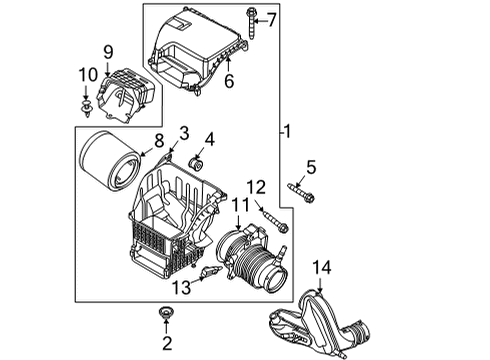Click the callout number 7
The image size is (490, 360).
click(271, 19)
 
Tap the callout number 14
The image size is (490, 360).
click(321, 267)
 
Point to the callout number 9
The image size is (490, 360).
click(108, 50)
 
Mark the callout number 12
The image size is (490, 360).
click(257, 186)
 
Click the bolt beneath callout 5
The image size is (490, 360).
click(301, 191)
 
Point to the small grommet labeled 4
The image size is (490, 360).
click(196, 163)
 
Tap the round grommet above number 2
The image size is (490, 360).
click(164, 319)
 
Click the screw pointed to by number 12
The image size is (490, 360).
click(272, 220)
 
